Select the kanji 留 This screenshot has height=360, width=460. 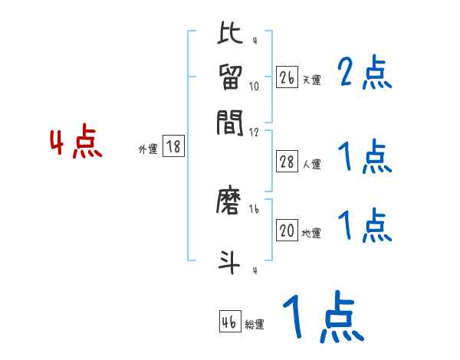pos(230,78)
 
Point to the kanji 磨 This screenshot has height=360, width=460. pos(230,201)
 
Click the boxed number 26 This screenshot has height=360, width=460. pos(287,77)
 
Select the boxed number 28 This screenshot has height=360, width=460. pos(287,162)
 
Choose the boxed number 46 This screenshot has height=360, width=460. pos(229,322)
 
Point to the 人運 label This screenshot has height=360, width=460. pos(311,164)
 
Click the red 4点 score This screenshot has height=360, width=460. pos(76,144)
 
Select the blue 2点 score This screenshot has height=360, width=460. pos(366,73)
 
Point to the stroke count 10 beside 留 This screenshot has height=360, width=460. pos(254,86)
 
